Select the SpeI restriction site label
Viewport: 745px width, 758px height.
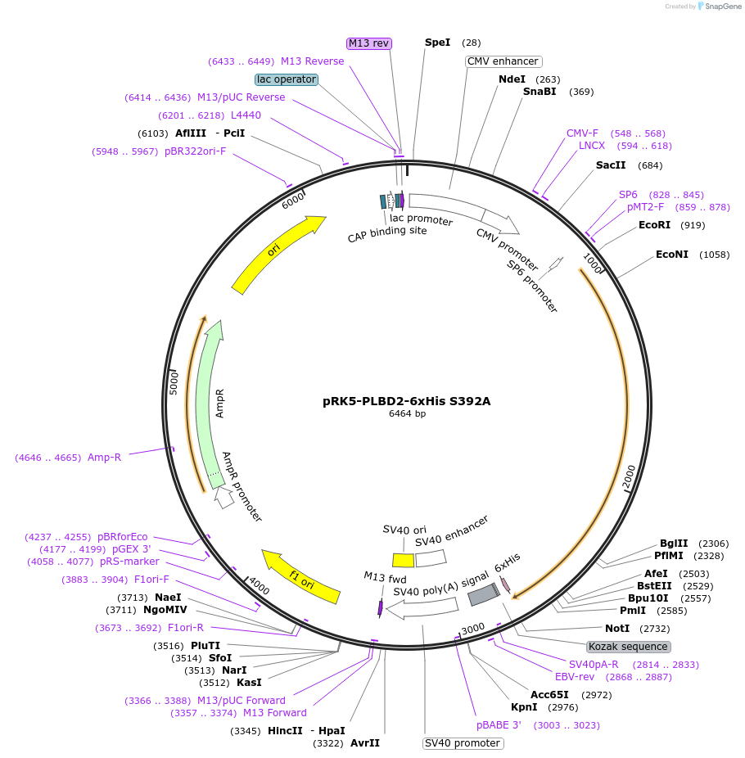[437, 43]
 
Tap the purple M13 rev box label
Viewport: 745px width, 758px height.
[369, 43]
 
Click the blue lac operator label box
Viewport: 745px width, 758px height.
[287, 79]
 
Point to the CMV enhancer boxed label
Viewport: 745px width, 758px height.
[503, 61]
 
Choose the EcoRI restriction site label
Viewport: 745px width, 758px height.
[654, 225]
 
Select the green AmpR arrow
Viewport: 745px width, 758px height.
[210, 401]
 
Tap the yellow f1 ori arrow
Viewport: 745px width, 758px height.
[300, 578]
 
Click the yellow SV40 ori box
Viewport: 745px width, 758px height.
[403, 560]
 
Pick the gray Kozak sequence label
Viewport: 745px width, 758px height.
[629, 647]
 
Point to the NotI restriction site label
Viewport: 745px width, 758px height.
[618, 628]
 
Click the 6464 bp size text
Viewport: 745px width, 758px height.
[407, 414]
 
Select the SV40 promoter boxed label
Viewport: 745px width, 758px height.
[463, 743]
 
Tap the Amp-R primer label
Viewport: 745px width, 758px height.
[104, 458]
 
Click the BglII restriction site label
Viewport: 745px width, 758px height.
[674, 543]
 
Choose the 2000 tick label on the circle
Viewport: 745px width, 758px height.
[629, 478]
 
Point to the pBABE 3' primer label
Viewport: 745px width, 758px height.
[499, 725]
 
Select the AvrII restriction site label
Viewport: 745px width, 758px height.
[364, 743]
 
